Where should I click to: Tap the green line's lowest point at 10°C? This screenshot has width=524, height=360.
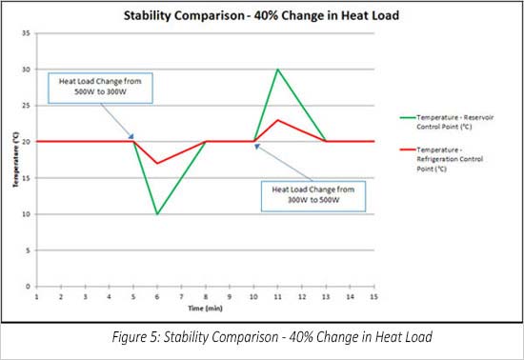coord(157,214)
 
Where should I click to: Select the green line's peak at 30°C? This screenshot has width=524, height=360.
coord(277,70)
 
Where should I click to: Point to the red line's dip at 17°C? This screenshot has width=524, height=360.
coord(157,163)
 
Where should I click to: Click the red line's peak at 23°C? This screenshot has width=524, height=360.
coord(277,120)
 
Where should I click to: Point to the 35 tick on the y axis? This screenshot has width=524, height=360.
coord(28,33)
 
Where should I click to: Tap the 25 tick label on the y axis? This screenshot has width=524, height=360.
coord(28,106)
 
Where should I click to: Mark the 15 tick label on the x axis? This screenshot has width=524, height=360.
coord(373,296)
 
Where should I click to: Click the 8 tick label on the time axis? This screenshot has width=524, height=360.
coord(205,296)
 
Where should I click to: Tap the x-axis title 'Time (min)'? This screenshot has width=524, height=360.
coord(205,309)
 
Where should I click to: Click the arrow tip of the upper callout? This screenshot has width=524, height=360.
coord(133,139)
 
